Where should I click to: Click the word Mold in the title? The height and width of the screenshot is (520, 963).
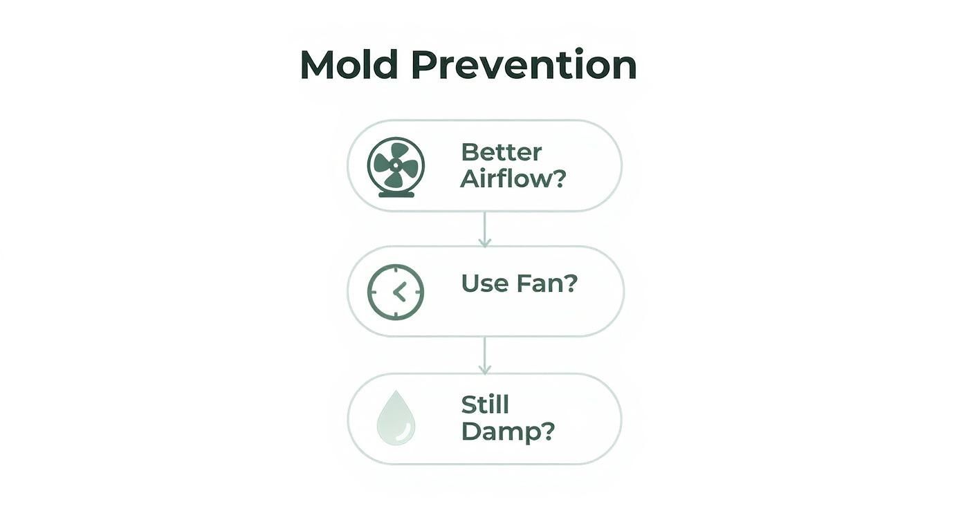349,66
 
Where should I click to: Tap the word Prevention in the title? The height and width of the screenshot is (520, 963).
523,66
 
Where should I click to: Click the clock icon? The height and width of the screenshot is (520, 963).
395,292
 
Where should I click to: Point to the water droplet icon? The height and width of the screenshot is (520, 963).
396,418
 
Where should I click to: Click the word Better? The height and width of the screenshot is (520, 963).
501,152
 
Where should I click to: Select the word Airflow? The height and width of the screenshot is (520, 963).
513,179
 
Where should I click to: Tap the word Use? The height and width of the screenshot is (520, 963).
484,284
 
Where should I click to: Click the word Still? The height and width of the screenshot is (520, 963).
484,405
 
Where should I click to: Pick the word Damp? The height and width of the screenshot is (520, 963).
508,431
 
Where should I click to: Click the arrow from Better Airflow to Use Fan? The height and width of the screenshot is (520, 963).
484,229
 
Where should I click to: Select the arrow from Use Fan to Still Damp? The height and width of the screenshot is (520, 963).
484,355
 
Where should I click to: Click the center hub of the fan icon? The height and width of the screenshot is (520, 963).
396,165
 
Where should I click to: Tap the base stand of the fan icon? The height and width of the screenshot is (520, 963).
396,194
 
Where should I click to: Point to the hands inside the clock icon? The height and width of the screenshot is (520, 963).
399,292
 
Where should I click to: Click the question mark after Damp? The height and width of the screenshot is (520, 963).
547,431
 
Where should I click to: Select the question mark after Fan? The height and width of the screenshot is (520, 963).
570,284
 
